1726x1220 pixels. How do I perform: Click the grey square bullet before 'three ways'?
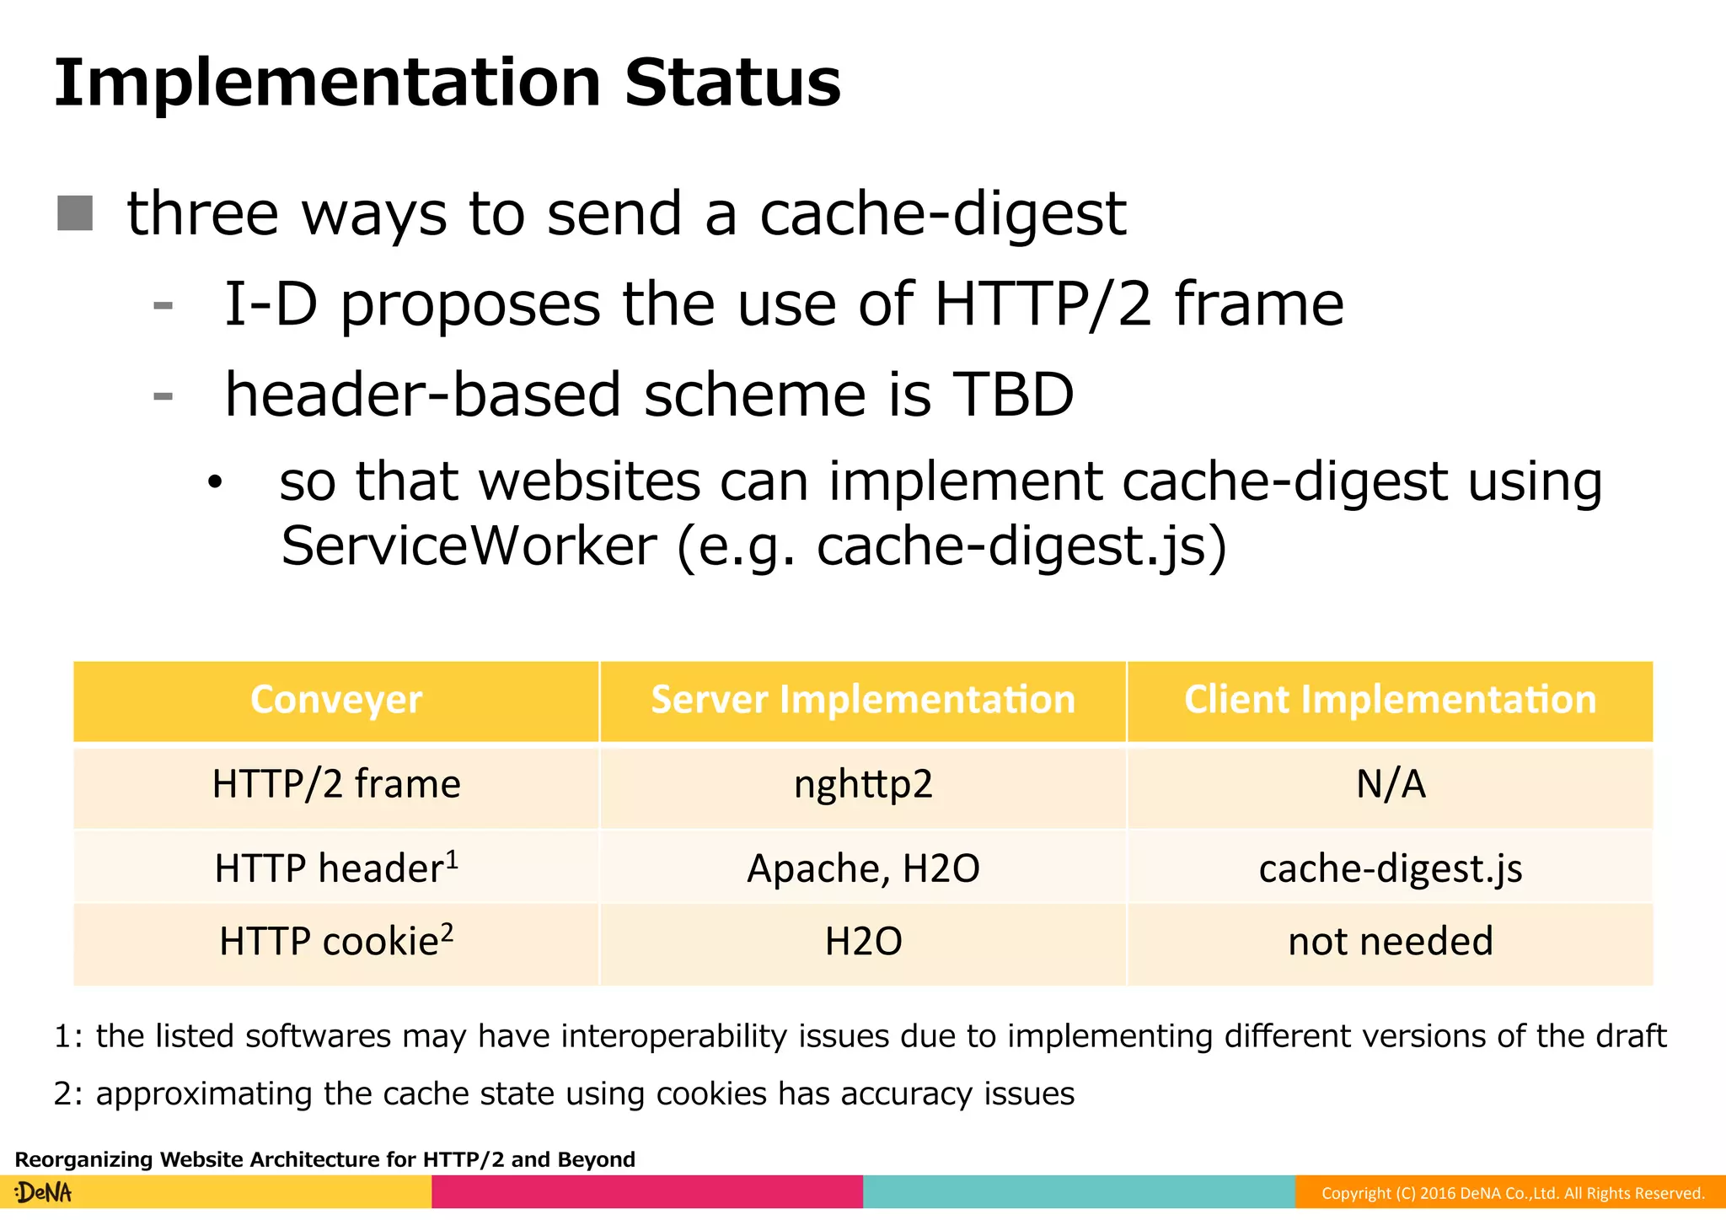pyautogui.click(x=75, y=212)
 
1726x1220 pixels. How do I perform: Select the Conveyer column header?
pyautogui.click(x=336, y=700)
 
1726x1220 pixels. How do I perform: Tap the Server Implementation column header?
pyautogui.click(x=863, y=700)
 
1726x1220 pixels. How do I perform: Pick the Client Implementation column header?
pyautogui.click(x=1390, y=700)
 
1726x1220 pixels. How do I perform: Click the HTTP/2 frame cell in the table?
pyautogui.click(x=336, y=784)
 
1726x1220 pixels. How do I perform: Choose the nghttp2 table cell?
pyautogui.click(x=863, y=784)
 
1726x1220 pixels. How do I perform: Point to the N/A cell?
pyautogui.click(x=1391, y=784)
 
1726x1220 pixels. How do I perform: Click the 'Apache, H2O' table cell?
pyautogui.click(x=863, y=868)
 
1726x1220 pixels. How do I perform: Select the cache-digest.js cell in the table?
pyautogui.click(x=1391, y=868)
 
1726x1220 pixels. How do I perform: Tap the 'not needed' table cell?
pyautogui.click(x=1391, y=941)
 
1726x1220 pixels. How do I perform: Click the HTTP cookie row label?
pyautogui.click(x=330, y=942)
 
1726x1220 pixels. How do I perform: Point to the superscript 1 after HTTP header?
pyautogui.click(x=453, y=858)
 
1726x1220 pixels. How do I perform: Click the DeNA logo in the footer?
pyautogui.click(x=44, y=1193)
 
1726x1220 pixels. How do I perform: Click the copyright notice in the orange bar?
pyautogui.click(x=1512, y=1193)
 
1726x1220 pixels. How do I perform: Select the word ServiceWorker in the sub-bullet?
pyautogui.click(x=469, y=546)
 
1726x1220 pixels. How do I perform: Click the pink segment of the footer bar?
pyautogui.click(x=647, y=1192)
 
